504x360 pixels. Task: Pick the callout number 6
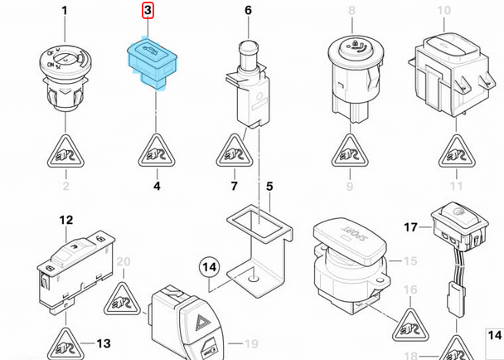tap(247, 12)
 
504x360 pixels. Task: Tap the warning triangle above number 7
tap(235, 151)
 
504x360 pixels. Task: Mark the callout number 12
tap(66, 220)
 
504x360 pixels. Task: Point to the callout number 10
tap(445, 12)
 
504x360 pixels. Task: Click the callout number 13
tap(103, 343)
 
